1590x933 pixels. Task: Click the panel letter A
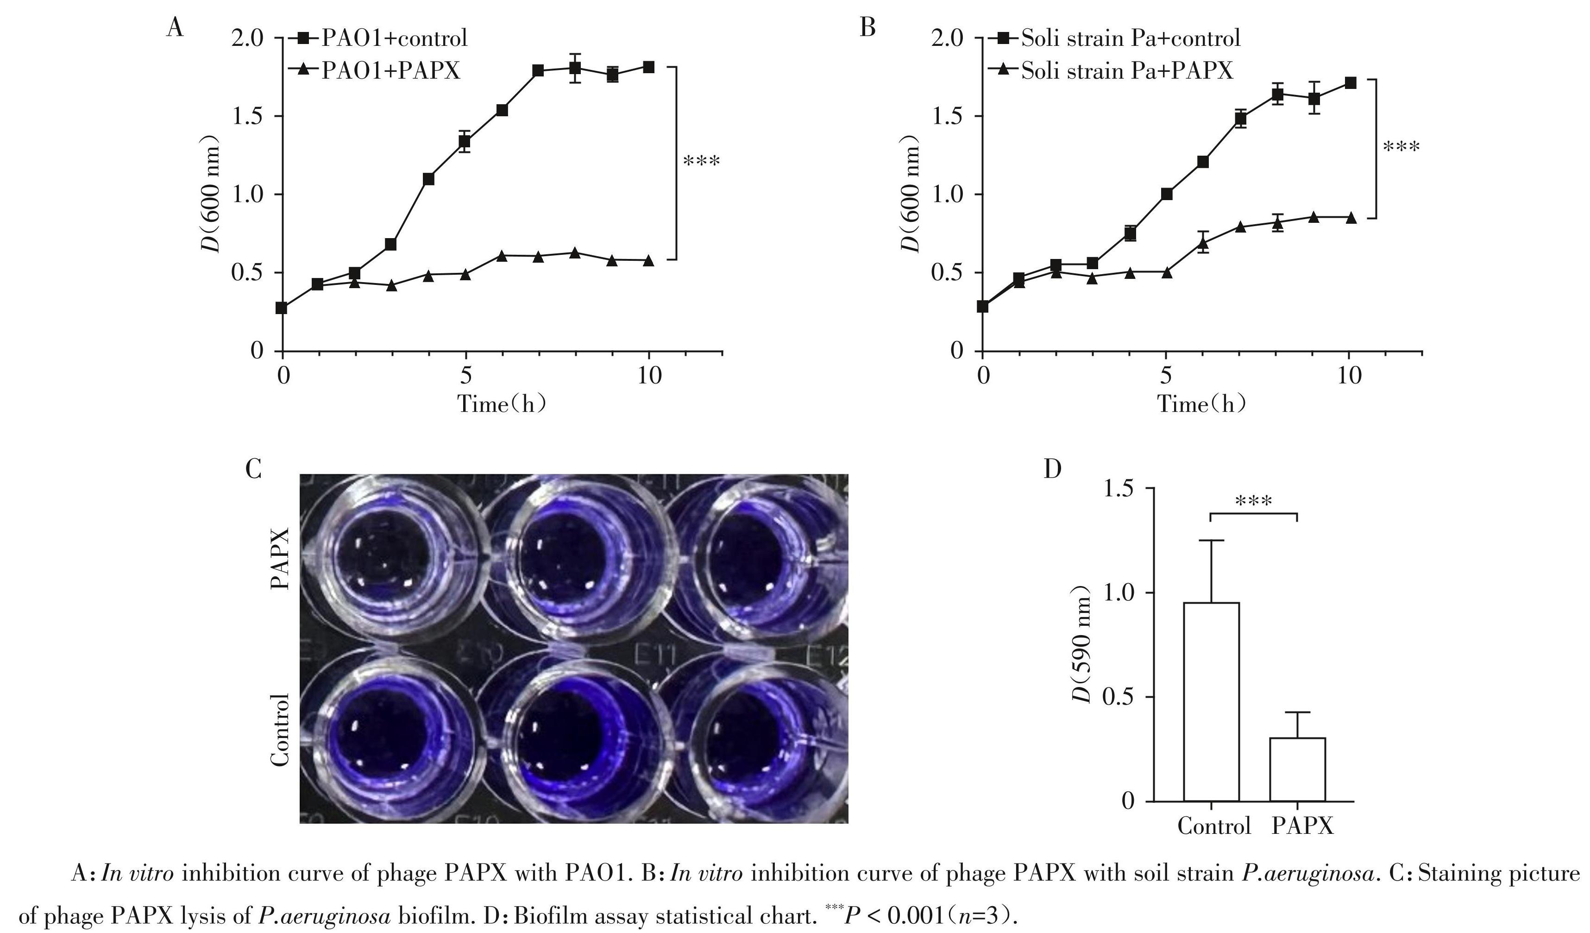tap(175, 28)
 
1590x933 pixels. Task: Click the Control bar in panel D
tap(1211, 701)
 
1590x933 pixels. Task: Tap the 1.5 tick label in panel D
tap(1118, 489)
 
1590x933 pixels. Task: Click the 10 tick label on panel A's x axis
tap(649, 376)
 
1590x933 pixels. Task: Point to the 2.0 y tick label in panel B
tap(948, 38)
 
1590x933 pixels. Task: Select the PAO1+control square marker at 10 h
tap(648, 67)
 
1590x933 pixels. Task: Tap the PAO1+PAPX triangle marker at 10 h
tap(648, 260)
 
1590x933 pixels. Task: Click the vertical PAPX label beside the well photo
tap(280, 558)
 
